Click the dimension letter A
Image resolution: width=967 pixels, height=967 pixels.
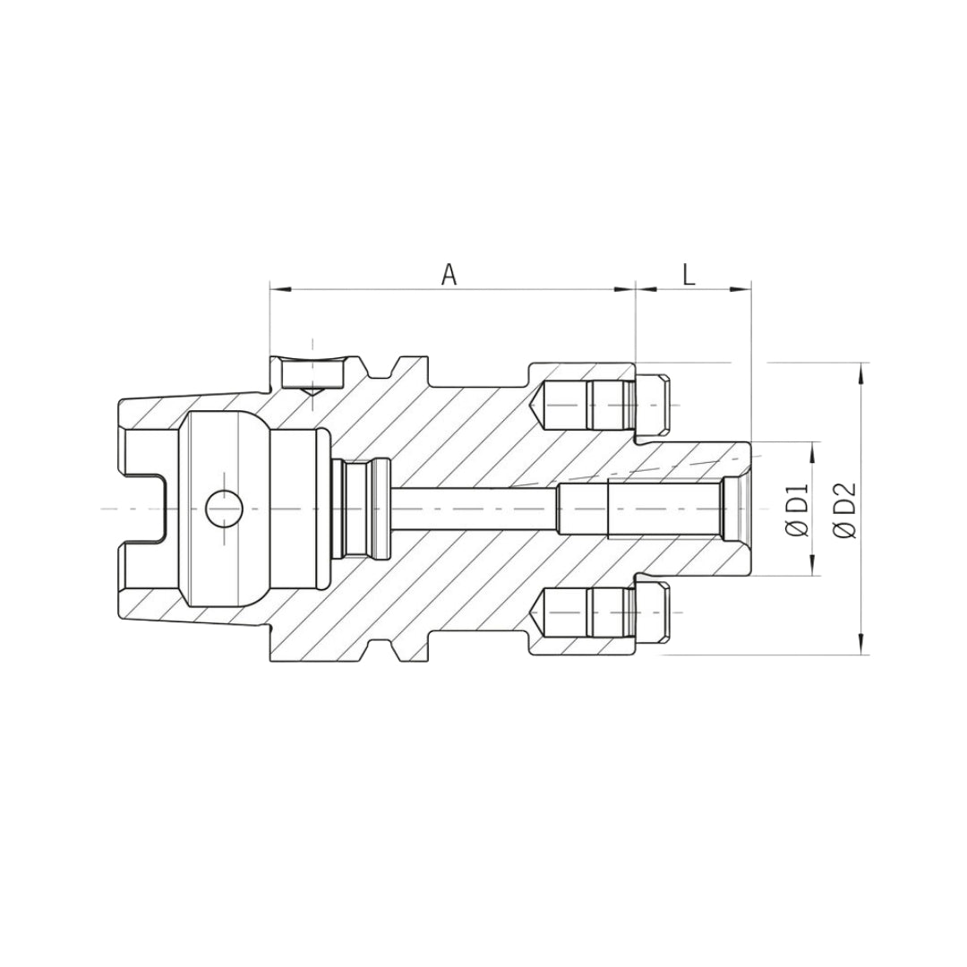coord(449,275)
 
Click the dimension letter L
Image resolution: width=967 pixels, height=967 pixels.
coord(689,275)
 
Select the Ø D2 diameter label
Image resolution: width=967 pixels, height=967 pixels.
coord(845,509)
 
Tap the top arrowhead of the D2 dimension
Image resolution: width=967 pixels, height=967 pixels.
coord(861,373)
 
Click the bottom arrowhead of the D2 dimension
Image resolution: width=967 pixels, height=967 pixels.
coord(861,643)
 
